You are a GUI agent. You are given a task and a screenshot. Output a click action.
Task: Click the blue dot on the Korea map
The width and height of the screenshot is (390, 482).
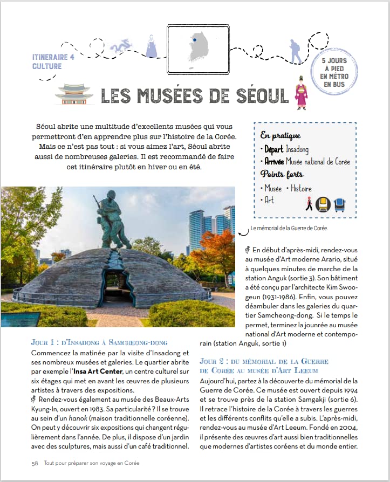(194, 39)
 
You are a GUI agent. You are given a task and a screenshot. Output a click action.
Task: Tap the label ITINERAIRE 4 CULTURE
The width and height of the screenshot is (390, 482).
(54, 61)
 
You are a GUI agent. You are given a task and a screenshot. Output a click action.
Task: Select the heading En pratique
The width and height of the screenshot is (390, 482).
(280, 136)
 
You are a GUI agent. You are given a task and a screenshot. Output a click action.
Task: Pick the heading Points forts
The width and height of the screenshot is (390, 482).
(282, 175)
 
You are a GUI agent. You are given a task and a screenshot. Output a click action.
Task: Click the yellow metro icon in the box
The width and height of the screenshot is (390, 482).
(323, 203)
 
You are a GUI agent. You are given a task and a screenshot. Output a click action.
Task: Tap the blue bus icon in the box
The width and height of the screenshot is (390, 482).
(340, 204)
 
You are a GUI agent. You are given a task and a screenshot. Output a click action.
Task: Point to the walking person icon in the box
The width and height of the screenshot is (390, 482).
(308, 203)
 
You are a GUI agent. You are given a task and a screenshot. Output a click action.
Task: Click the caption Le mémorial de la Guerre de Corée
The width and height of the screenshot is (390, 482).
(290, 229)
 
